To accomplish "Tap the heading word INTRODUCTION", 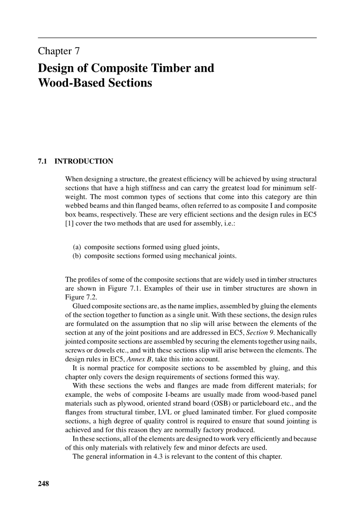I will tap(84, 161).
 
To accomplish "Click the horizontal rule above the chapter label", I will tap(177, 38).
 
